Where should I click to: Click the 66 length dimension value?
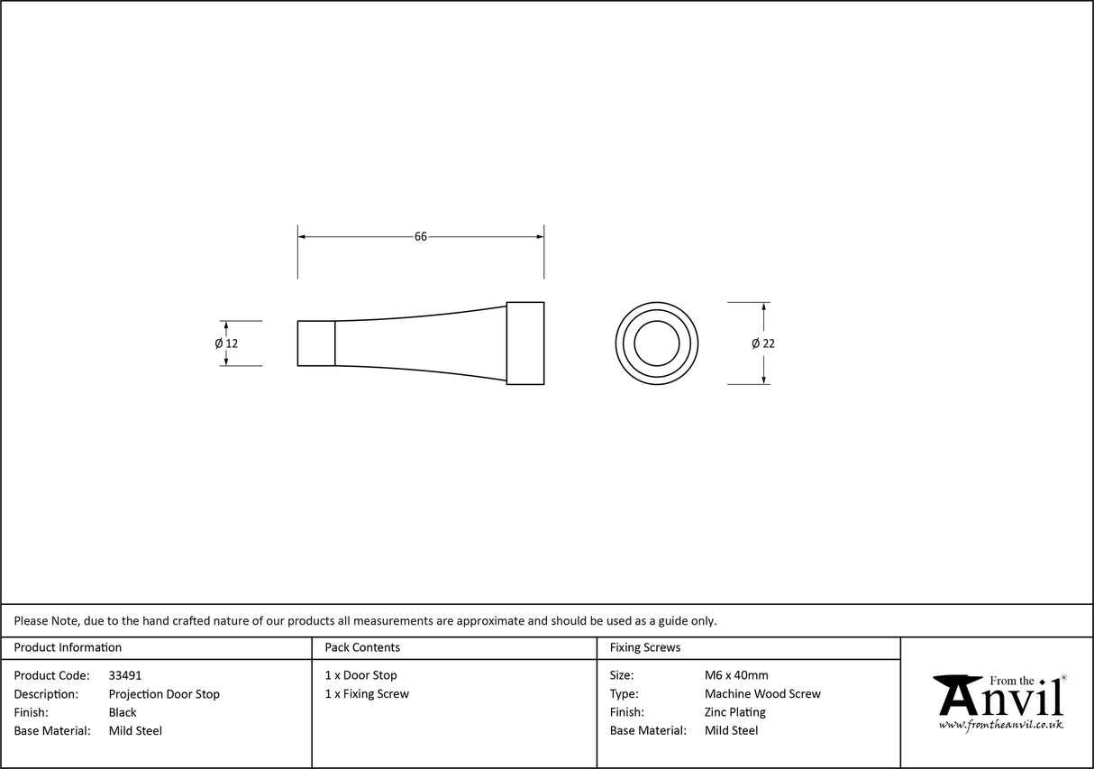click(420, 237)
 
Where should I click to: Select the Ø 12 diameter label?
click(226, 343)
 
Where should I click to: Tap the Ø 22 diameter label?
click(762, 343)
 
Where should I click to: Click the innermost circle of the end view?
click(656, 343)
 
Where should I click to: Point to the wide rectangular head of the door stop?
click(525, 343)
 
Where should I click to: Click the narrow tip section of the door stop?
click(316, 343)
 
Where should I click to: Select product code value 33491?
click(125, 675)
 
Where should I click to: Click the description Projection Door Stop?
click(164, 694)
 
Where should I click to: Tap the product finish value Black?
click(123, 712)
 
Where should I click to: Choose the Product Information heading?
click(68, 647)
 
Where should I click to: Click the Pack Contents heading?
click(362, 647)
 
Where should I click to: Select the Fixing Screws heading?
click(645, 647)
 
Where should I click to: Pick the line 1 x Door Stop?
click(360, 675)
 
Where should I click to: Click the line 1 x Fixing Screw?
click(367, 694)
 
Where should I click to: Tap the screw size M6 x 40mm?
click(736, 675)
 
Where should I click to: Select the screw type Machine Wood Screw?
click(762, 694)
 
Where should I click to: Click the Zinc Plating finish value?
click(734, 712)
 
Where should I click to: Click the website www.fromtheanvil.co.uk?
click(1000, 725)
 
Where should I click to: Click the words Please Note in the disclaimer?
click(46, 620)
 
